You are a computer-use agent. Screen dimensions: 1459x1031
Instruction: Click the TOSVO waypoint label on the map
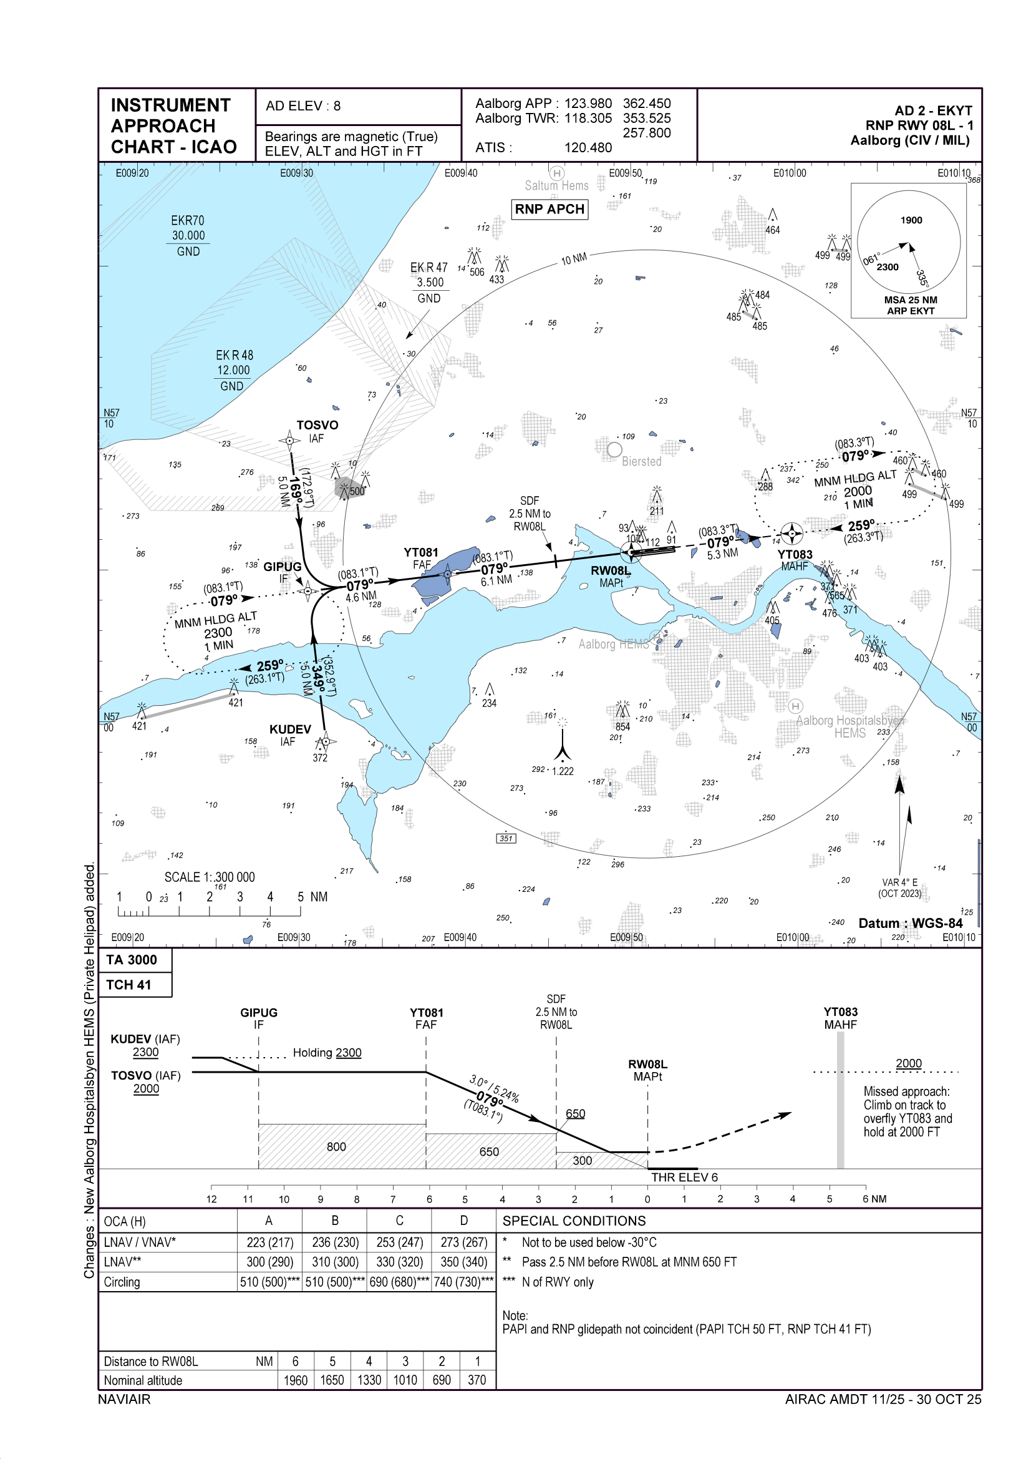[317, 425]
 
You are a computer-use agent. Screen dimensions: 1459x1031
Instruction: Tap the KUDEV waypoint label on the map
[289, 729]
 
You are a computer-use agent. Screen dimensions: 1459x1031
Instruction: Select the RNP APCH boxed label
[549, 209]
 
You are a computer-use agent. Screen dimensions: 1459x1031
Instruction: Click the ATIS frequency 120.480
[588, 147]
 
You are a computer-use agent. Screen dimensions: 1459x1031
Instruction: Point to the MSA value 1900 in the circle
[911, 220]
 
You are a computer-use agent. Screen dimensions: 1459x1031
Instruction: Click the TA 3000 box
[132, 960]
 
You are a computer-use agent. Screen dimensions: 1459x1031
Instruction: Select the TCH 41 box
[129, 984]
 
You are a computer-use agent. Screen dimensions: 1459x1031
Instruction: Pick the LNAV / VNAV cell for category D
[463, 1242]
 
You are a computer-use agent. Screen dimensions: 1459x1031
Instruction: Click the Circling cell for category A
[269, 1282]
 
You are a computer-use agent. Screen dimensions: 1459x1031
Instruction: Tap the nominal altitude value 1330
[369, 1380]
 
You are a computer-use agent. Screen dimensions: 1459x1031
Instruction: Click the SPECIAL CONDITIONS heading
[574, 1221]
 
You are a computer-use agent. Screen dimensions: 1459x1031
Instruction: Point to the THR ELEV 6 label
[684, 1177]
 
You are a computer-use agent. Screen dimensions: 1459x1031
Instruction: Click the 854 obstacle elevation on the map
[622, 726]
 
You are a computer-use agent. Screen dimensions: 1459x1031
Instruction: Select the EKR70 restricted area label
[187, 220]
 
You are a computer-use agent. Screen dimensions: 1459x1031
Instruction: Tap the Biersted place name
[642, 461]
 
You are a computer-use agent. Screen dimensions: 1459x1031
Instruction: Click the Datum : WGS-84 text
[910, 923]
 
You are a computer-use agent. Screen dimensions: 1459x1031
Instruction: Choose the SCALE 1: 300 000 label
[210, 877]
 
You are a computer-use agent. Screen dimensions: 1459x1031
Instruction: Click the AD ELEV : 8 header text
[303, 106]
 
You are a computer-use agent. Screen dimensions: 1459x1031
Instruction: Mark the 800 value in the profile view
[336, 1146]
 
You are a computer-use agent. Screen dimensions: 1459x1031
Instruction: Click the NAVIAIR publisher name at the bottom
[125, 1398]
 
